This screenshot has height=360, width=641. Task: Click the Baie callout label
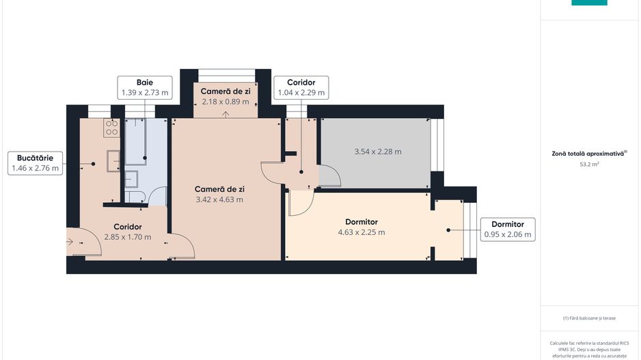coord(144,87)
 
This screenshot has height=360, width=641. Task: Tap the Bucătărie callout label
coord(36,163)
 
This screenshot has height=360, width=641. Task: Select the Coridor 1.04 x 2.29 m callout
coord(301,87)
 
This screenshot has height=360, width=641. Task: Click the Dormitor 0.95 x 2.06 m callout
coord(507,230)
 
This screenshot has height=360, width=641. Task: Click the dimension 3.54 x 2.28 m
coord(378,152)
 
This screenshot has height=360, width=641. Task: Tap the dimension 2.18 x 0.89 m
coord(225,102)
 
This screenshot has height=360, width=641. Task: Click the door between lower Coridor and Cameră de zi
coord(181,246)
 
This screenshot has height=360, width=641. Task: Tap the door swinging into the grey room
coord(329,177)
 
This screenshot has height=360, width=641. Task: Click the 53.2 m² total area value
coord(589,164)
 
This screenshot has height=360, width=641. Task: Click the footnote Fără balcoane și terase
coord(589,318)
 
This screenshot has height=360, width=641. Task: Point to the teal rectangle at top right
coord(589,3)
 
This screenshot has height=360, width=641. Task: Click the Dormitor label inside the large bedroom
coord(362,222)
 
